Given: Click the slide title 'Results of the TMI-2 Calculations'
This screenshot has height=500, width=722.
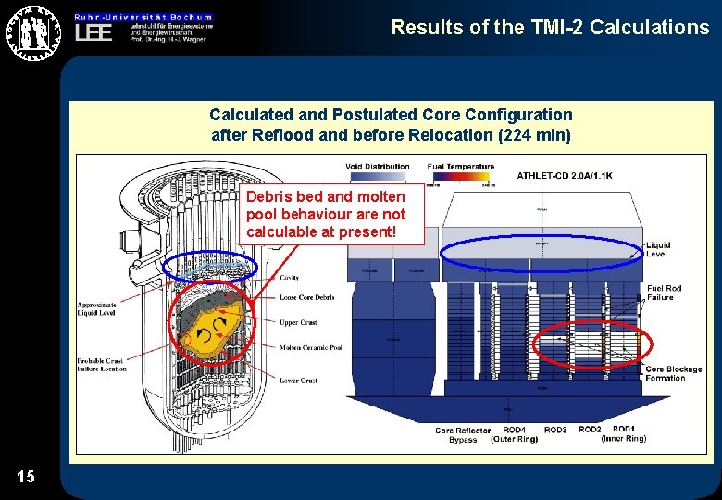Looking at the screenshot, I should point(550,28).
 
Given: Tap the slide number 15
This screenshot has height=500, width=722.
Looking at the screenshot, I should point(26,477).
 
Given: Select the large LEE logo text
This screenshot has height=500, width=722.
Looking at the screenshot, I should point(93,33).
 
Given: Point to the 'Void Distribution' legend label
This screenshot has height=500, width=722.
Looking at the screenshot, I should point(377,168).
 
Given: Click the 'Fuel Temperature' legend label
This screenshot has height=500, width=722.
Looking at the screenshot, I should point(460,168).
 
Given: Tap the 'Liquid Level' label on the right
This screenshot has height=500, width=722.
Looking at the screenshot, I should point(657,250).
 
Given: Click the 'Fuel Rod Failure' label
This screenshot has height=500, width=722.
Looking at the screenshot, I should point(663,293).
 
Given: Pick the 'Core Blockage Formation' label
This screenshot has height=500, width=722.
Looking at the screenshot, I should point(666,373).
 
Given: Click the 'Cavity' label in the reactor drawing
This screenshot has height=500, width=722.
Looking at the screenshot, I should point(290,278).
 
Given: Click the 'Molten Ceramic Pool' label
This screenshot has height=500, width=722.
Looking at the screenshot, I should point(310,348).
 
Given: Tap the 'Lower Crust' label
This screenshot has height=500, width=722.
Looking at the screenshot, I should point(298,381).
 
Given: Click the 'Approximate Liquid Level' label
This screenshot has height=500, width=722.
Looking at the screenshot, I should point(98,307).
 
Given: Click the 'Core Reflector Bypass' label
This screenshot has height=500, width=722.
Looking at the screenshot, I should point(463,434).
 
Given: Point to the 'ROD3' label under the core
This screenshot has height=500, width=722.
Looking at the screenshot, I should point(555,430).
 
